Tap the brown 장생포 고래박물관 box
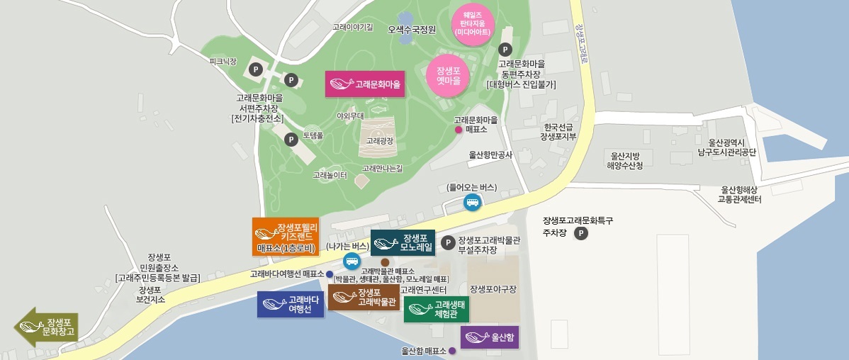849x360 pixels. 363,298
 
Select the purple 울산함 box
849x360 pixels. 490,337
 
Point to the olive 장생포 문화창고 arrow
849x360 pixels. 47,327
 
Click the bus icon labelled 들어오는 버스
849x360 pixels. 472,202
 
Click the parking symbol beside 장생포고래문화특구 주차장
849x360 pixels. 581,233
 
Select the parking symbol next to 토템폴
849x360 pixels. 291,140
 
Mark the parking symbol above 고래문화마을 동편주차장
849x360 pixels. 505,50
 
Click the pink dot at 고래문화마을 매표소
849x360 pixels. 459,130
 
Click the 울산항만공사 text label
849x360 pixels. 490,154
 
